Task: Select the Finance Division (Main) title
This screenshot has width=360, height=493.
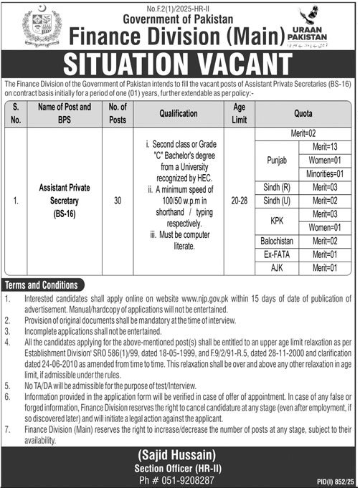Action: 176,32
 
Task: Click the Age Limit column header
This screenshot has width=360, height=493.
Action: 239,113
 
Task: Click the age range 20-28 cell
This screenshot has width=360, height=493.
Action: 239,203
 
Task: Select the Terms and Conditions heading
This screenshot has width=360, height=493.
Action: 40,283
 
